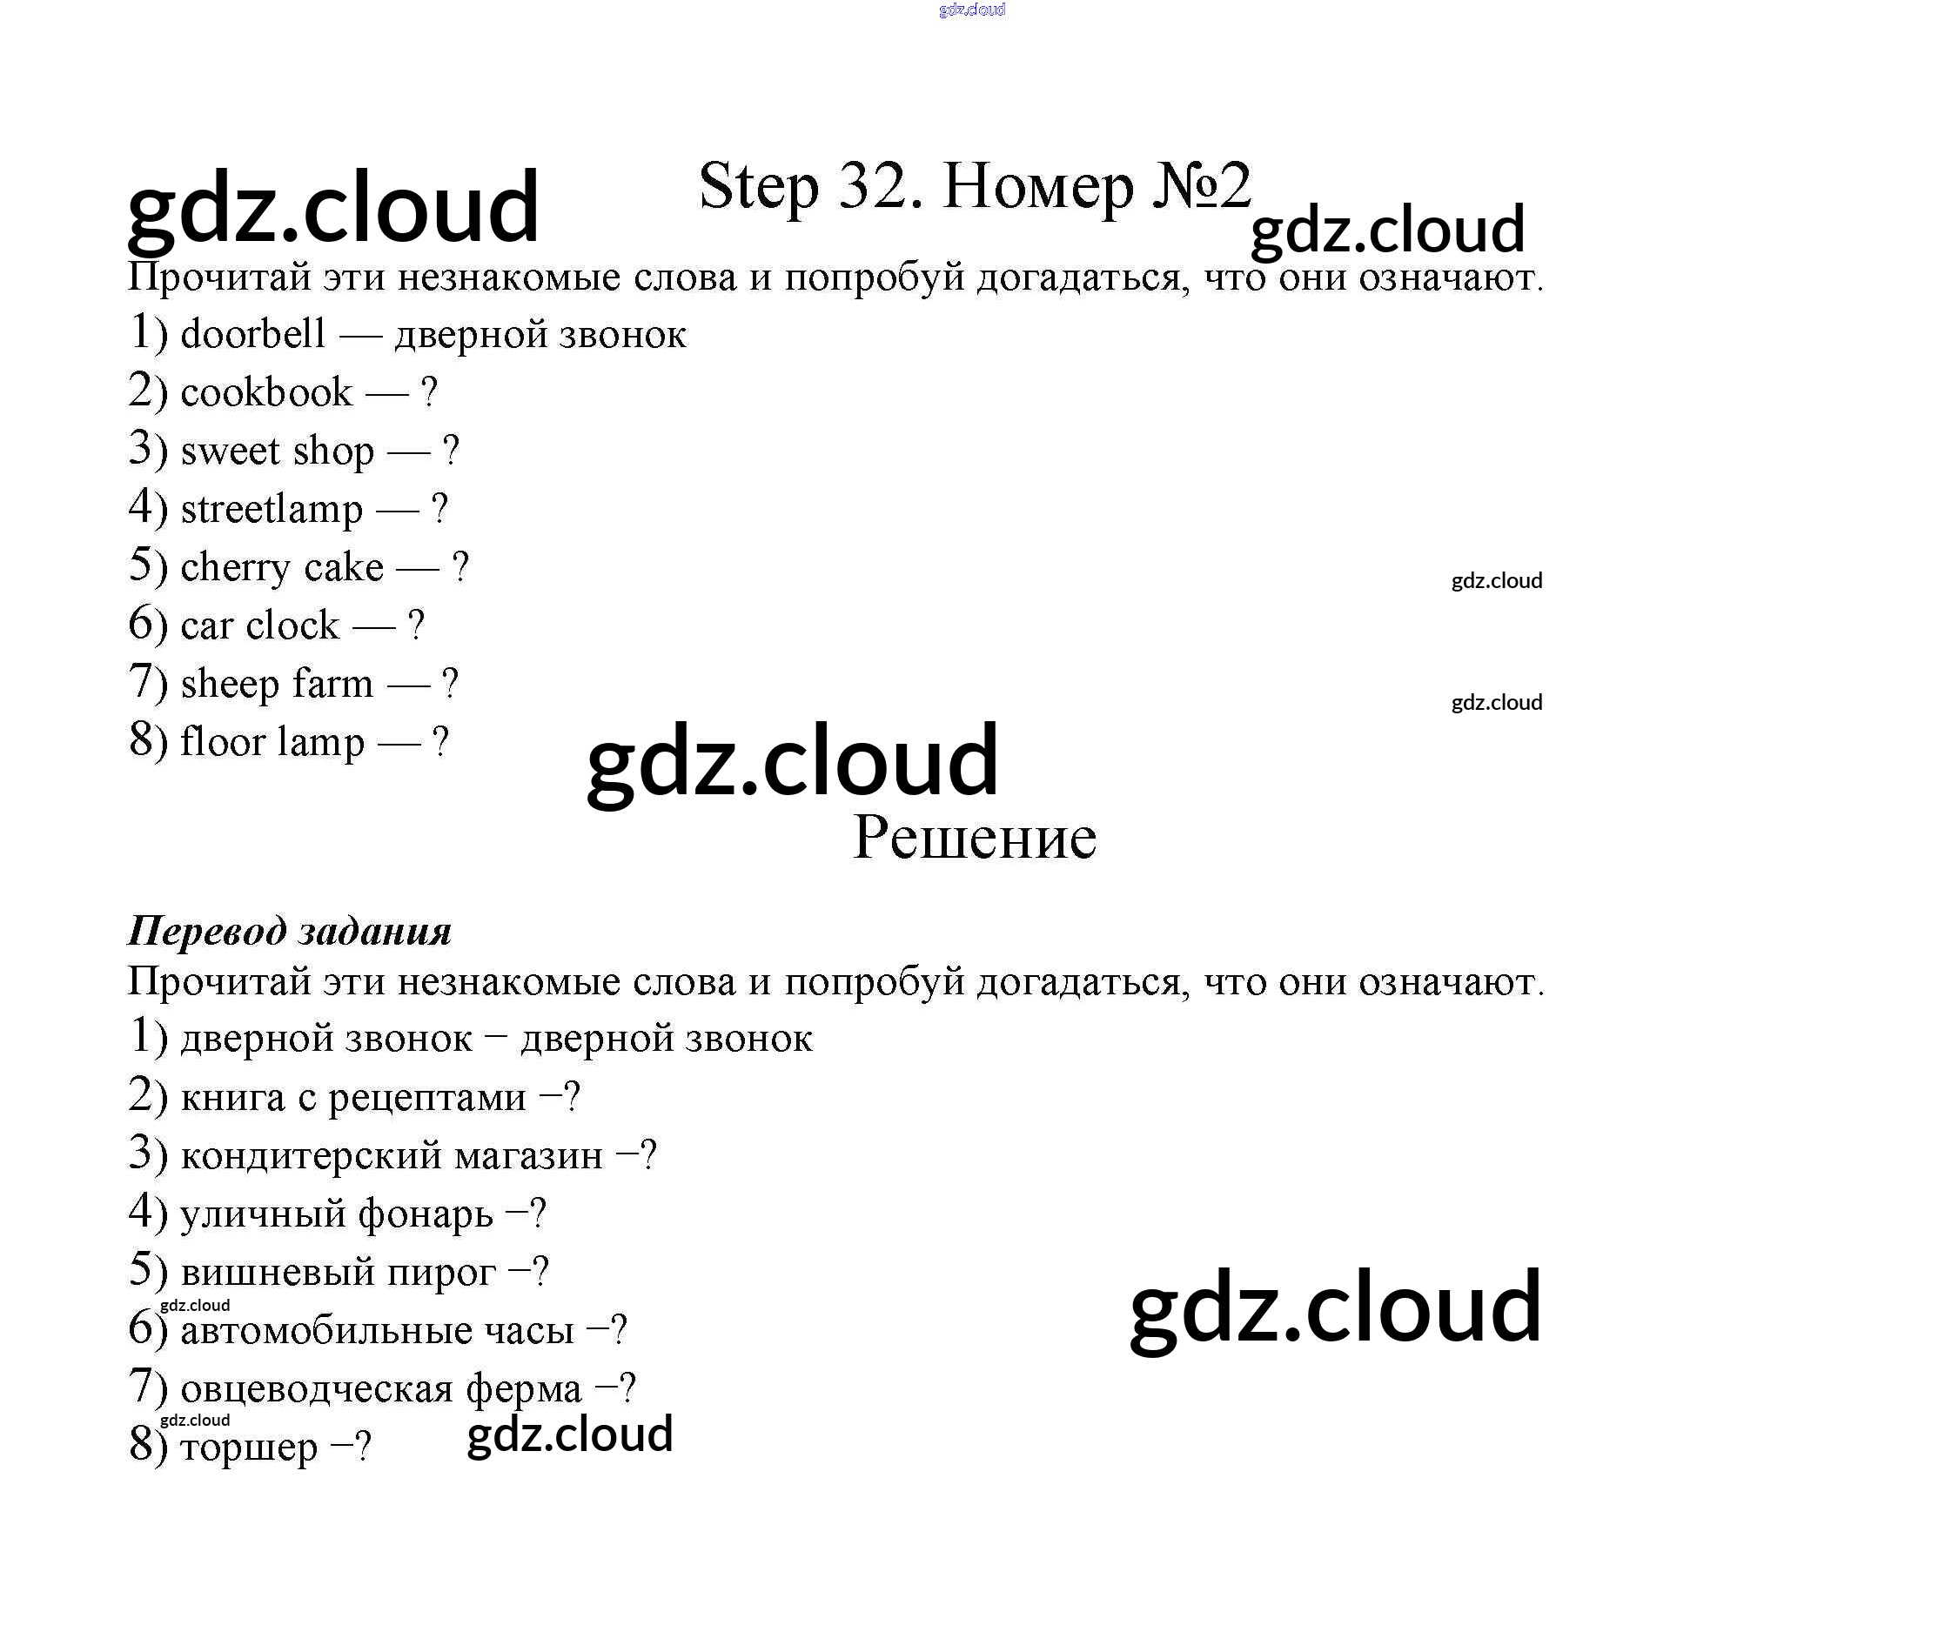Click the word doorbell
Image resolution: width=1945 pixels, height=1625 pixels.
point(253,334)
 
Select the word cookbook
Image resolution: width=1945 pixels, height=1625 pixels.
point(265,392)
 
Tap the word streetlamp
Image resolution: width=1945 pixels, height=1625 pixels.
point(272,509)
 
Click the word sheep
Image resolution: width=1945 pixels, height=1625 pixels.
point(230,685)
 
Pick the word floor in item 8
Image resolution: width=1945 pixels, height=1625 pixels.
point(222,743)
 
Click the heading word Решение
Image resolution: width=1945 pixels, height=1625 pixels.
point(975,838)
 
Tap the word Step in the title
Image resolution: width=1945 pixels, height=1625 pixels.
point(759,187)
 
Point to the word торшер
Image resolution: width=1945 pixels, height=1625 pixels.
point(248,1448)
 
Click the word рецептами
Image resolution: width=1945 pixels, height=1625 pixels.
point(427,1098)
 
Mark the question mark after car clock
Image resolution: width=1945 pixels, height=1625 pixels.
point(416,626)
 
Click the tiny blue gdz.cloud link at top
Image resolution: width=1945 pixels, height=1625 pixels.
point(971,10)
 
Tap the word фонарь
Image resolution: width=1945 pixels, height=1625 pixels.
point(426,1214)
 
